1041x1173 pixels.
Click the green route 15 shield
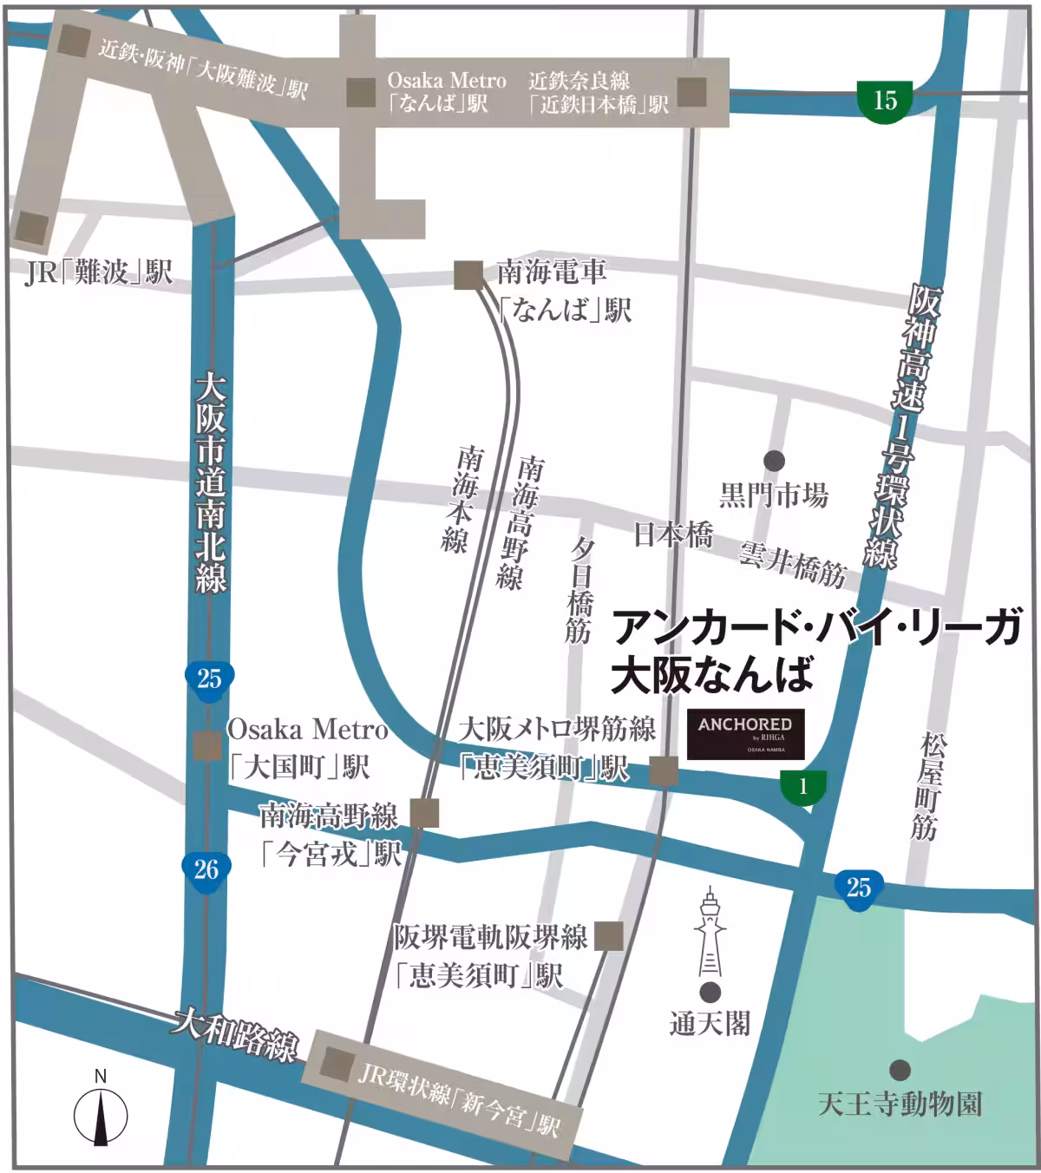[884, 101]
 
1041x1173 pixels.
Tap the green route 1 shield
[803, 786]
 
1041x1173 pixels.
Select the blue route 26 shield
[206, 869]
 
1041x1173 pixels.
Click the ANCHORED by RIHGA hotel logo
[745, 734]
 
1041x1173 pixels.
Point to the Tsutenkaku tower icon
[710, 932]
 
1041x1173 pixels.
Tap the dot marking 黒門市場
[774, 461]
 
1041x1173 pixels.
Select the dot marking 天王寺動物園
[900, 1070]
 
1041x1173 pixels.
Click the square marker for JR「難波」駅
[33, 227]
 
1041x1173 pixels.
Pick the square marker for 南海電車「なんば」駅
[469, 275]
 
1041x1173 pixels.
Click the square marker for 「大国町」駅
[207, 745]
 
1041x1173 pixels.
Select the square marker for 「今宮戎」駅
[425, 814]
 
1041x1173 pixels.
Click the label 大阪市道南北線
[210, 482]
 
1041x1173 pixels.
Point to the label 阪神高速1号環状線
[901, 425]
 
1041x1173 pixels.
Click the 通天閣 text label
[709, 1025]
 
